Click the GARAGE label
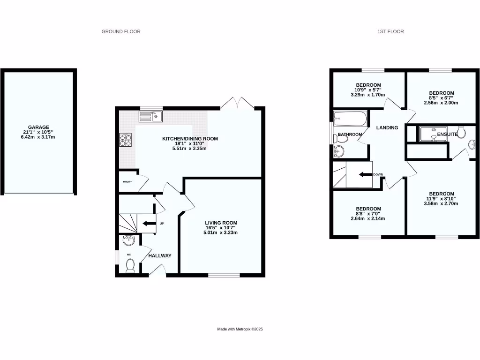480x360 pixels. click(x=38, y=127)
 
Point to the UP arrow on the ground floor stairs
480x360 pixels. click(x=149, y=224)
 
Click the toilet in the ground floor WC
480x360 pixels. click(x=130, y=265)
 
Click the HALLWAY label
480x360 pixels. click(x=160, y=256)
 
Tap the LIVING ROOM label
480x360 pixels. click(x=221, y=223)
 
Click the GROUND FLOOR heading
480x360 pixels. click(x=121, y=32)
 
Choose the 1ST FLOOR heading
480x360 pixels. click(x=390, y=32)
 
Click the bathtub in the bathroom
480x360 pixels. click(x=349, y=119)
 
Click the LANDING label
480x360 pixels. click(x=387, y=127)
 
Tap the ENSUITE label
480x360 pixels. click(x=447, y=134)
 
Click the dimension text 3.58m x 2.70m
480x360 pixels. click(x=441, y=203)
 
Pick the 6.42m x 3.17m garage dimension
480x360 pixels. click(x=38, y=137)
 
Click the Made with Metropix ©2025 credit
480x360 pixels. click(x=240, y=330)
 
